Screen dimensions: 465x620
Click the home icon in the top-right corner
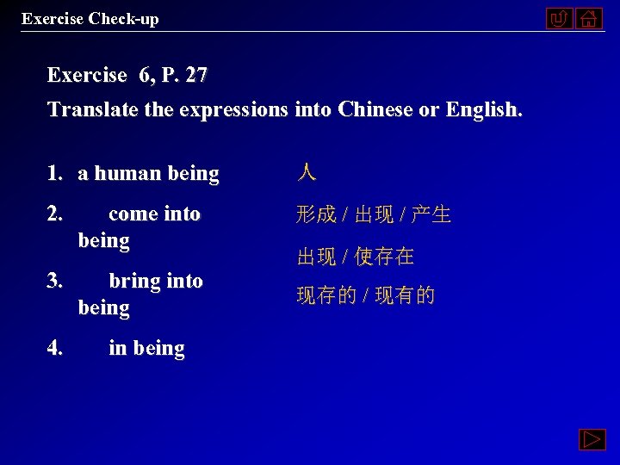[x=589, y=18]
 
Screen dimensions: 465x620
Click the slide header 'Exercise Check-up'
[x=90, y=18]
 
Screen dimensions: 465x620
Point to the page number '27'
[x=196, y=76]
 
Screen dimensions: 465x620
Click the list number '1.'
[x=57, y=174]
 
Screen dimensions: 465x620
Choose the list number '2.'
[x=57, y=214]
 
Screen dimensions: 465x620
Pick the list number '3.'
[x=57, y=281]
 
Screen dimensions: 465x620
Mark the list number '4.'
[x=57, y=349]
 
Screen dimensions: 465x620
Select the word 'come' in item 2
[x=132, y=214]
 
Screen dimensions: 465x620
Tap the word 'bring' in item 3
[x=133, y=281]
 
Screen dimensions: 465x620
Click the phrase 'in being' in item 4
[x=146, y=349]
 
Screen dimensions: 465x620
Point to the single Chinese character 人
[x=307, y=173]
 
